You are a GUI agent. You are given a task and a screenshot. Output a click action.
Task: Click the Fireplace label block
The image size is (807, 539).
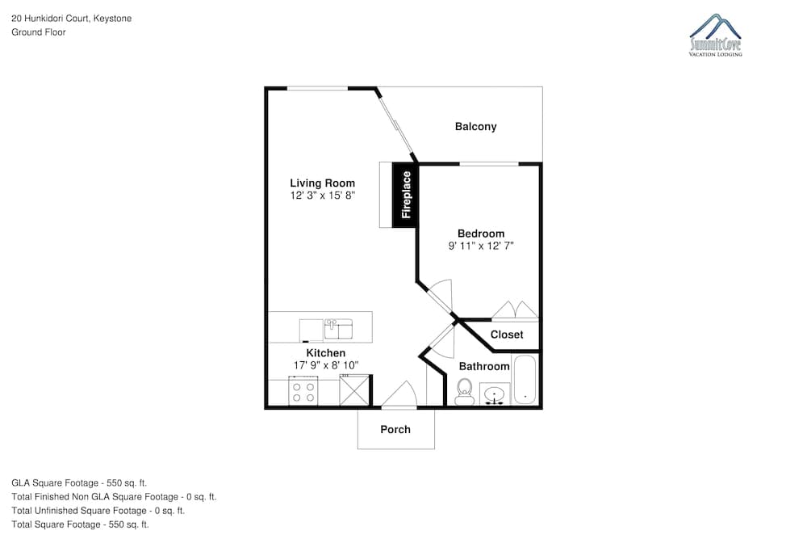[x=406, y=195]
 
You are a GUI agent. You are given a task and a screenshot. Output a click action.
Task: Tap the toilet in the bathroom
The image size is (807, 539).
[x=464, y=392]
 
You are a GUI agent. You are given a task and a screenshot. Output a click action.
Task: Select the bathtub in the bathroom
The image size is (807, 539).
[x=525, y=380]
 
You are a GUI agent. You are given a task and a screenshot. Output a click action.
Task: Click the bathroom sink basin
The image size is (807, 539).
[x=495, y=394]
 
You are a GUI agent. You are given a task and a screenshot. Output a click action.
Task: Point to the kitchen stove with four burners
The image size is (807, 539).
[x=303, y=391]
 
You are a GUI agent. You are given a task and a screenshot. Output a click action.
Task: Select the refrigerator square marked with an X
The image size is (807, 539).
[x=354, y=391]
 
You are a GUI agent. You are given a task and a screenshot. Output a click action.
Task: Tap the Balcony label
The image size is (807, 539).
[x=475, y=127]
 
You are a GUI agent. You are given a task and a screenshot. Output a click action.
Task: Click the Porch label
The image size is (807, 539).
[x=395, y=429]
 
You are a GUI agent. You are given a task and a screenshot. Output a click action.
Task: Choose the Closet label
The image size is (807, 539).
[x=507, y=335]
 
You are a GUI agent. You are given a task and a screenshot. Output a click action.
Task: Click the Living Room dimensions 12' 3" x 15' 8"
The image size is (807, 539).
[x=323, y=196]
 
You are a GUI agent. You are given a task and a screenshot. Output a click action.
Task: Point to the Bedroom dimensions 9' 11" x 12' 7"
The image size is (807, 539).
[x=481, y=246]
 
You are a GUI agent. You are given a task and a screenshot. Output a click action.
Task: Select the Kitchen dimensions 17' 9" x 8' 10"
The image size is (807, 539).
[x=326, y=365]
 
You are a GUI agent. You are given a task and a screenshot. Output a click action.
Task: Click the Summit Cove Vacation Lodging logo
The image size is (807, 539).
[x=715, y=35]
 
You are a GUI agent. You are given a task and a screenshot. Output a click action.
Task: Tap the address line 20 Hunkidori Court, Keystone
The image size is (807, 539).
[x=72, y=19]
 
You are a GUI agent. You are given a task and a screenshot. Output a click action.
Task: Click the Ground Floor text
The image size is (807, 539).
[x=39, y=32]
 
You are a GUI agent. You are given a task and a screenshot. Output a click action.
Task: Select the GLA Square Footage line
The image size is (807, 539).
[x=79, y=482]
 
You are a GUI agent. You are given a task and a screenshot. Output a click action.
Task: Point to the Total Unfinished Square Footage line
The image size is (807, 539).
[x=98, y=511]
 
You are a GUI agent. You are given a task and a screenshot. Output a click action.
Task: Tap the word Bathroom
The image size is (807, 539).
[x=484, y=366]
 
